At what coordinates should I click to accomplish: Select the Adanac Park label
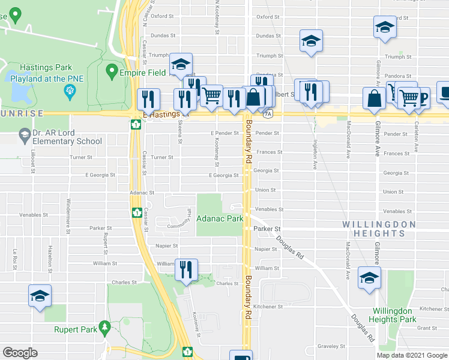coord(220,219)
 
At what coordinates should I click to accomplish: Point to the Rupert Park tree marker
coord(106,328)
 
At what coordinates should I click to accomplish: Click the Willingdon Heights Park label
coord(393,315)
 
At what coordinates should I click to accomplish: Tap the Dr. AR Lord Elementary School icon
coord(24,133)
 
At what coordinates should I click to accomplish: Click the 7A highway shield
coord(268,113)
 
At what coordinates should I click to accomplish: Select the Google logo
coord(20,352)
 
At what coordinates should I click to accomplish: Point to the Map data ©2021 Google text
coord(412,355)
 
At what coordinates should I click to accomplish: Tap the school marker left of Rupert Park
coord(40,296)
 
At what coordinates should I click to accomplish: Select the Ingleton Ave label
coord(314,155)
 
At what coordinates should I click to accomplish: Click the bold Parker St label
coord(267,229)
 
